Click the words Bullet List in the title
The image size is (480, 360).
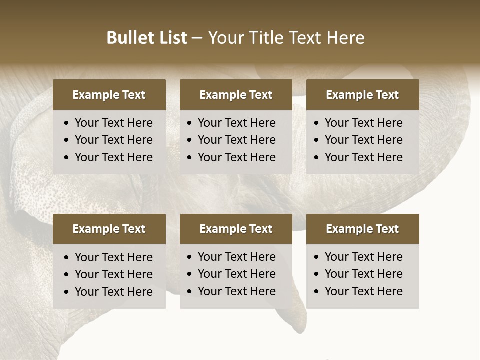[x=147, y=38]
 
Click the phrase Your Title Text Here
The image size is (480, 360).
[x=286, y=38]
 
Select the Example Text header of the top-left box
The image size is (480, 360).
[x=109, y=95]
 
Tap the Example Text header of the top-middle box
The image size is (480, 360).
[x=236, y=95]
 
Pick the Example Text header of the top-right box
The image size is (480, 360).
[x=362, y=95]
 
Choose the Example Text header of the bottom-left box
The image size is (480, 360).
[x=109, y=229]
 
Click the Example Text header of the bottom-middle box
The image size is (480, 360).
[x=236, y=229]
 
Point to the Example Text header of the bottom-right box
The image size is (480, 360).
[x=362, y=229]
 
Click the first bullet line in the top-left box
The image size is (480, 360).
[x=114, y=123]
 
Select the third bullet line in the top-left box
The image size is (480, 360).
[x=114, y=157]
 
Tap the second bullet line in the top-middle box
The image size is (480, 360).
[x=237, y=140]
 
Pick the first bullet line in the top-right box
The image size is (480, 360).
[x=364, y=123]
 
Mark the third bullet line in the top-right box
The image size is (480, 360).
[x=364, y=157]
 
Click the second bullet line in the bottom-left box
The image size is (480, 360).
[x=114, y=274]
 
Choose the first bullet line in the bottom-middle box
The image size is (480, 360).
[x=237, y=257]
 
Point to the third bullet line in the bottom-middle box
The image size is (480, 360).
[x=237, y=291]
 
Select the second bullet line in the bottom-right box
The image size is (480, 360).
[x=364, y=274]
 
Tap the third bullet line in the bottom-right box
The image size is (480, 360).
[x=364, y=291]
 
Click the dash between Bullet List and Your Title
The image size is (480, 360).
[x=197, y=38]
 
